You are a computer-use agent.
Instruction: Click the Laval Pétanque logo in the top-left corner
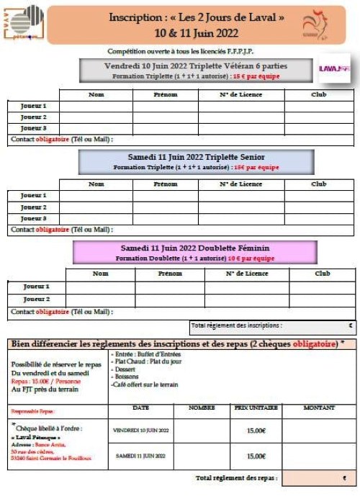(24, 22)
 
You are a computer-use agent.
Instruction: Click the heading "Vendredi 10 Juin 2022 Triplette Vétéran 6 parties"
(195, 66)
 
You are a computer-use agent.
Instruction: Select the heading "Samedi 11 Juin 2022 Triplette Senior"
(195, 156)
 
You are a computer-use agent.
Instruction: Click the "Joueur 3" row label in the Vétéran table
(33, 127)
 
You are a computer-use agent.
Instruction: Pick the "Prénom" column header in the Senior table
(165, 184)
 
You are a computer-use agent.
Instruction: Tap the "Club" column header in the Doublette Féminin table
(323, 274)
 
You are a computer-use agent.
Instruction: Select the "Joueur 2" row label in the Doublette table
(36, 299)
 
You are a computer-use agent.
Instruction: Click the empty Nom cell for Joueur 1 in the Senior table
(96, 195)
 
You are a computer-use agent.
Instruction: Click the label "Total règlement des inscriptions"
(236, 325)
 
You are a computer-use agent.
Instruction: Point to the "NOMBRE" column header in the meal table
(202, 408)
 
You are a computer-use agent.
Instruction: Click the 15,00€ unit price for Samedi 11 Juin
(256, 456)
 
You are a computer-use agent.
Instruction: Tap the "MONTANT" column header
(319, 408)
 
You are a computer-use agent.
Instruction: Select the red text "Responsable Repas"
(32, 411)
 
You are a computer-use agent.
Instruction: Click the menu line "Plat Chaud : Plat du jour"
(146, 362)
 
